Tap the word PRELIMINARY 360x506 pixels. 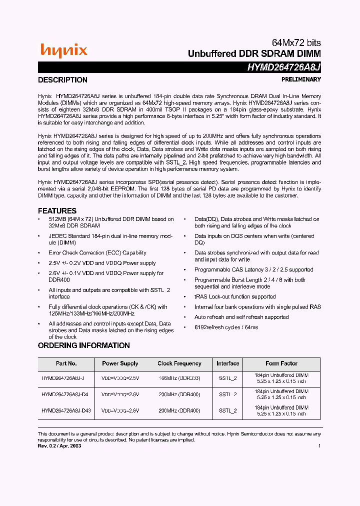pos(301,79)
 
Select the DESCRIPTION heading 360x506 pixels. pos(62,80)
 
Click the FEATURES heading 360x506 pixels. pos(57,211)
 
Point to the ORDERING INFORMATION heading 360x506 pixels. pos(83,345)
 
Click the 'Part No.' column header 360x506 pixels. pos(66,363)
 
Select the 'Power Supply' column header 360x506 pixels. pos(120,363)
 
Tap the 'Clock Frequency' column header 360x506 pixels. pos(179,363)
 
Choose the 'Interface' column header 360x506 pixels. pos(227,363)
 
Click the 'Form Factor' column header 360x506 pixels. pos(281,363)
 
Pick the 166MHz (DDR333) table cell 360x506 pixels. pos(179,378)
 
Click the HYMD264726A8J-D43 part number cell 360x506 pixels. pos(66,410)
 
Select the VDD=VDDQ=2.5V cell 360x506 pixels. pos(120,378)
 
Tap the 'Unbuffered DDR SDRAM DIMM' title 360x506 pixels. pos(254,53)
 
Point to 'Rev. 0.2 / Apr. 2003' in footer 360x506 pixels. pos(59,445)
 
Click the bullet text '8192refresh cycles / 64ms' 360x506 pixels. pos(226,327)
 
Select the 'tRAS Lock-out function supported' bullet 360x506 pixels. pos(235,297)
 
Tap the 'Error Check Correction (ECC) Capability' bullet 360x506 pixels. pos(97,253)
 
